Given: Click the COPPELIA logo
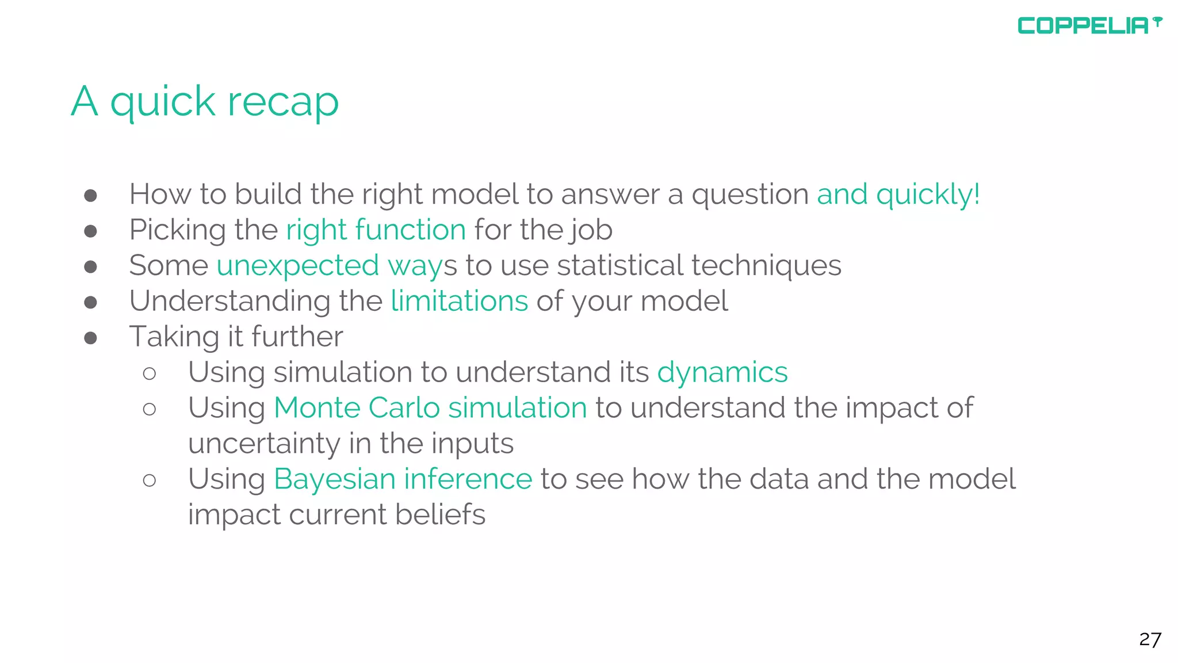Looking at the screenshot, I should pyautogui.click(x=1089, y=26).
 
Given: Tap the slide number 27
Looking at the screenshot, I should pyautogui.click(x=1150, y=639).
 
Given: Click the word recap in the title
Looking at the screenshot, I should pyautogui.click(x=283, y=102).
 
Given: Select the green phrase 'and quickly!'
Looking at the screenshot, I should pyautogui.click(x=898, y=195).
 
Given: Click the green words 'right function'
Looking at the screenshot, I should pyautogui.click(x=376, y=230).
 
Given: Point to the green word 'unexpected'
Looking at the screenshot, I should pyautogui.click(x=297, y=266).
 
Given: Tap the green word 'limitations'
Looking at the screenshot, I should pyautogui.click(x=459, y=301).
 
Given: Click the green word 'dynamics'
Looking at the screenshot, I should pyautogui.click(x=722, y=372).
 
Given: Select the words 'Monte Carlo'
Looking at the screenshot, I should pyautogui.click(x=357, y=408).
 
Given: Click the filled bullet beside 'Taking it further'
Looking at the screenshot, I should pyautogui.click(x=90, y=338).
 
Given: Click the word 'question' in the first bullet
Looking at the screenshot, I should pyautogui.click(x=749, y=195).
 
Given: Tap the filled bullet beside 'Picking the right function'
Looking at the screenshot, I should pyautogui.click(x=90, y=231).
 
